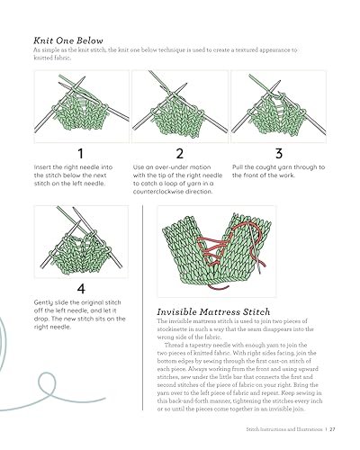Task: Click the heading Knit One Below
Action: point(68,40)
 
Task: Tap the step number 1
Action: point(80,153)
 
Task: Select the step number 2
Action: point(179,153)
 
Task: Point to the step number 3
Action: point(278,153)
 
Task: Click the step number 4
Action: point(80,289)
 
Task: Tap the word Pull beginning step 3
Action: point(238,167)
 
